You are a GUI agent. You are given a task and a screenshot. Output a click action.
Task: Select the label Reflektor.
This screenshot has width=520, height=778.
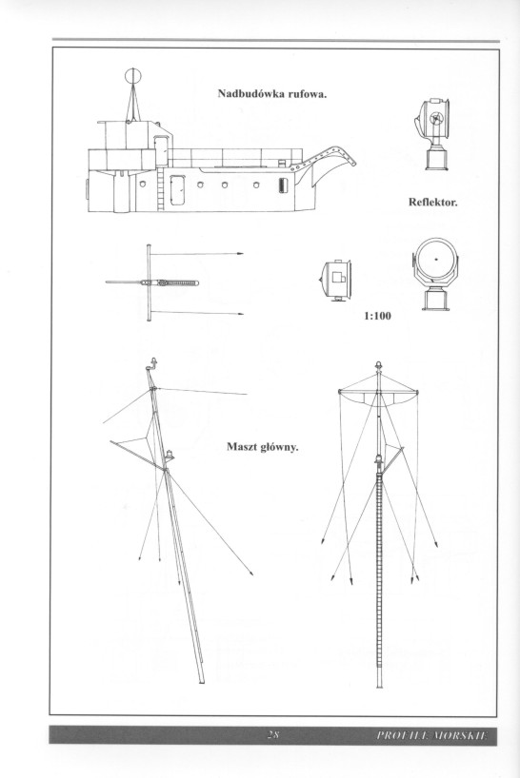pos(432,202)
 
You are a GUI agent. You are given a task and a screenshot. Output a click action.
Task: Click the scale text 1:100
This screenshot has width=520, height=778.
pos(377,316)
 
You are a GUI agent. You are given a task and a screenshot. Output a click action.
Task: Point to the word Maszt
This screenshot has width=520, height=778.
pos(240,447)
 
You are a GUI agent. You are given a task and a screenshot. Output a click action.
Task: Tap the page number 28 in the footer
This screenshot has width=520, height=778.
pos(272,735)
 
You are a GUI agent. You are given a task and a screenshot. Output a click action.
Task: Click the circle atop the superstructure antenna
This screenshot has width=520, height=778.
pos(133,75)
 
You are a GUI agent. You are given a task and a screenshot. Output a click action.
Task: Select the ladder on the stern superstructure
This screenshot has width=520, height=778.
pos(160,188)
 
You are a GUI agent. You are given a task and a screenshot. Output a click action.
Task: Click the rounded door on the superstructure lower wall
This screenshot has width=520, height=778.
pos(177,189)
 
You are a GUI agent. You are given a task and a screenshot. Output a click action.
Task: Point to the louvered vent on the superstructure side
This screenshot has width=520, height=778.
pos(283,185)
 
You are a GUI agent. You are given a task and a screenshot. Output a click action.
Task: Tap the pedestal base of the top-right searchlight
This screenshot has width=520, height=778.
pos(436,157)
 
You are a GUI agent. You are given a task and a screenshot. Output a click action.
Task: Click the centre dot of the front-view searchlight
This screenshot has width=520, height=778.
pos(436,259)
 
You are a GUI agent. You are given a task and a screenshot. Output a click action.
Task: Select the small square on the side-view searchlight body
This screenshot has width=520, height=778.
pos(339,277)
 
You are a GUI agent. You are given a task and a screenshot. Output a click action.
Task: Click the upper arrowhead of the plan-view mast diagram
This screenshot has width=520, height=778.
pos(240,254)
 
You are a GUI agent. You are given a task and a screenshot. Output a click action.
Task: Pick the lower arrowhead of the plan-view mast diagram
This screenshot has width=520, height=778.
pos(240,314)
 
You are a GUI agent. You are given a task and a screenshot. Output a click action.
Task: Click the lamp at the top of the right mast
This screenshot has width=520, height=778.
pos(378,364)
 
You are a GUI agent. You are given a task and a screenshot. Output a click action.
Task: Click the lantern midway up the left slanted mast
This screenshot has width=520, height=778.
pos(170,454)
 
